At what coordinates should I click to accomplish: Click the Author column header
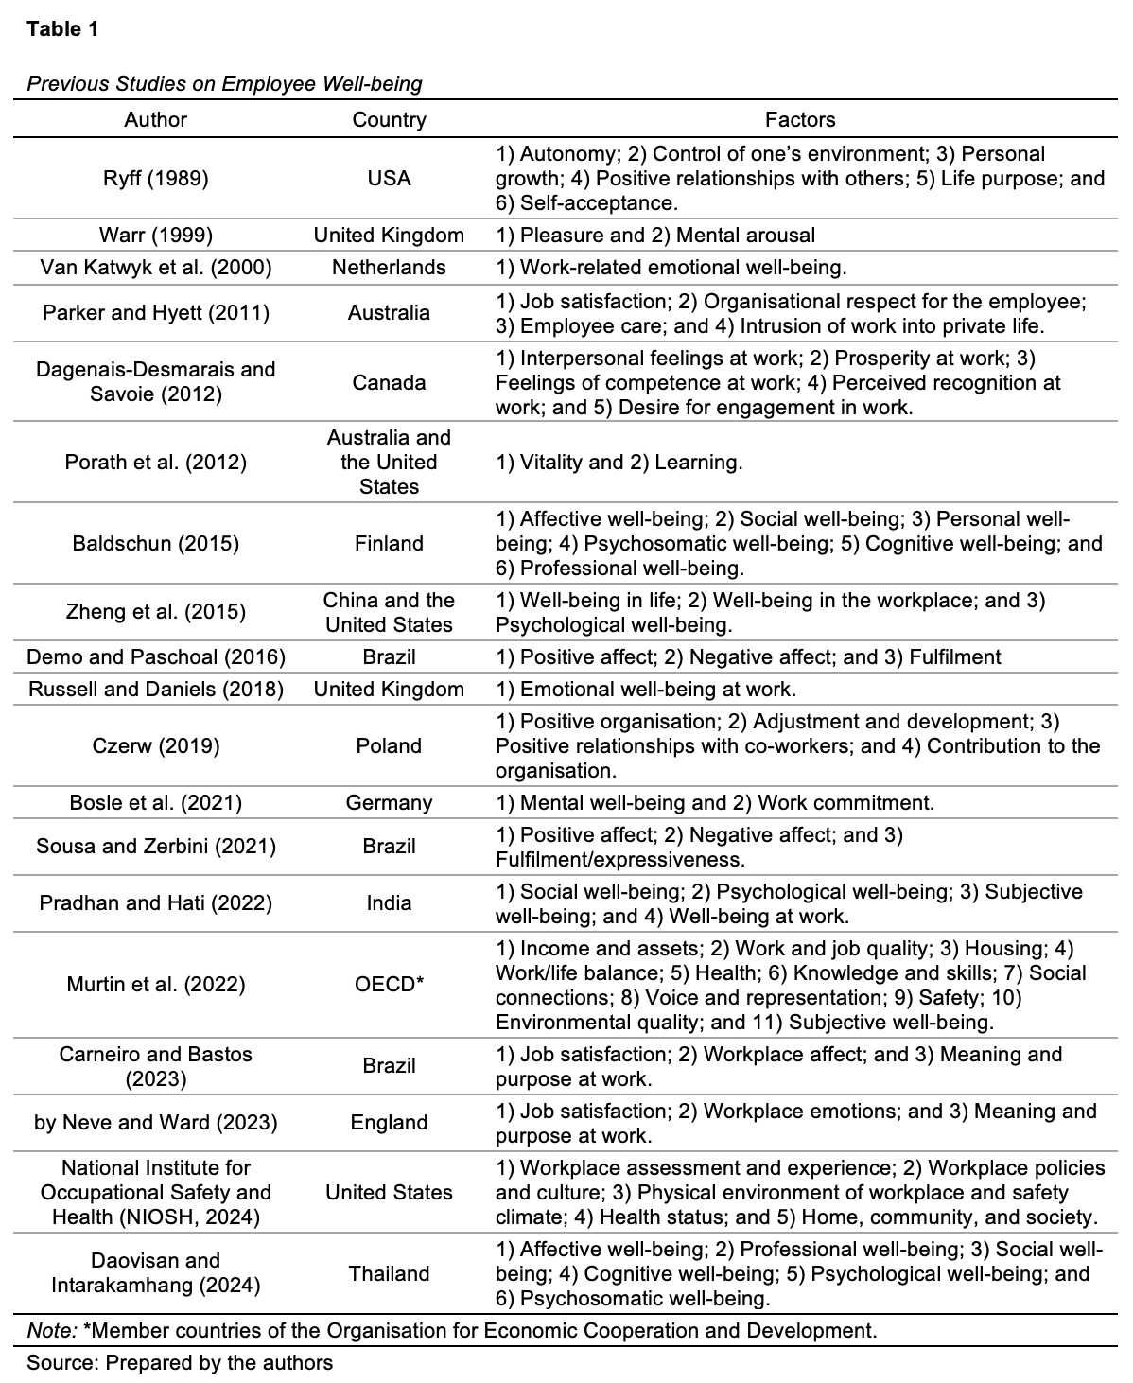pos(156,120)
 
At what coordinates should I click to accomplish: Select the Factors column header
pos(800,120)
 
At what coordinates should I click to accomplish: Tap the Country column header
pos(389,120)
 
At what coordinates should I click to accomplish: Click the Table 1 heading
pos(62,28)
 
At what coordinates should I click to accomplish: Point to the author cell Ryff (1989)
pos(156,179)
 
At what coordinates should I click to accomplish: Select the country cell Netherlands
pos(389,268)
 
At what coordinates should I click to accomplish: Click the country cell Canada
pos(389,383)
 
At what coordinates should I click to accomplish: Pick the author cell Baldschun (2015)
pos(156,544)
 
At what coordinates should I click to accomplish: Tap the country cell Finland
pos(389,544)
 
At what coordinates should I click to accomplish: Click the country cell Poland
pos(389,746)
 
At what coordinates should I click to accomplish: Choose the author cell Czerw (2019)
pos(156,746)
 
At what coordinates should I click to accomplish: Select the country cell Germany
pos(389,803)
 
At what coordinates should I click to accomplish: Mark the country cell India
pos(389,903)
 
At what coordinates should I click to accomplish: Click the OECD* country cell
pos(389,985)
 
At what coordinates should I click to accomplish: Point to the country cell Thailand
pos(389,1274)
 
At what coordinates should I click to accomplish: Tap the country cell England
pos(389,1123)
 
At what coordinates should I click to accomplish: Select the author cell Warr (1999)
pos(156,236)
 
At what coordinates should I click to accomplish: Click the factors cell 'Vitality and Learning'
pos(619,463)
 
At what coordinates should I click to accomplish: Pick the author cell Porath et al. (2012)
pos(156,463)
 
